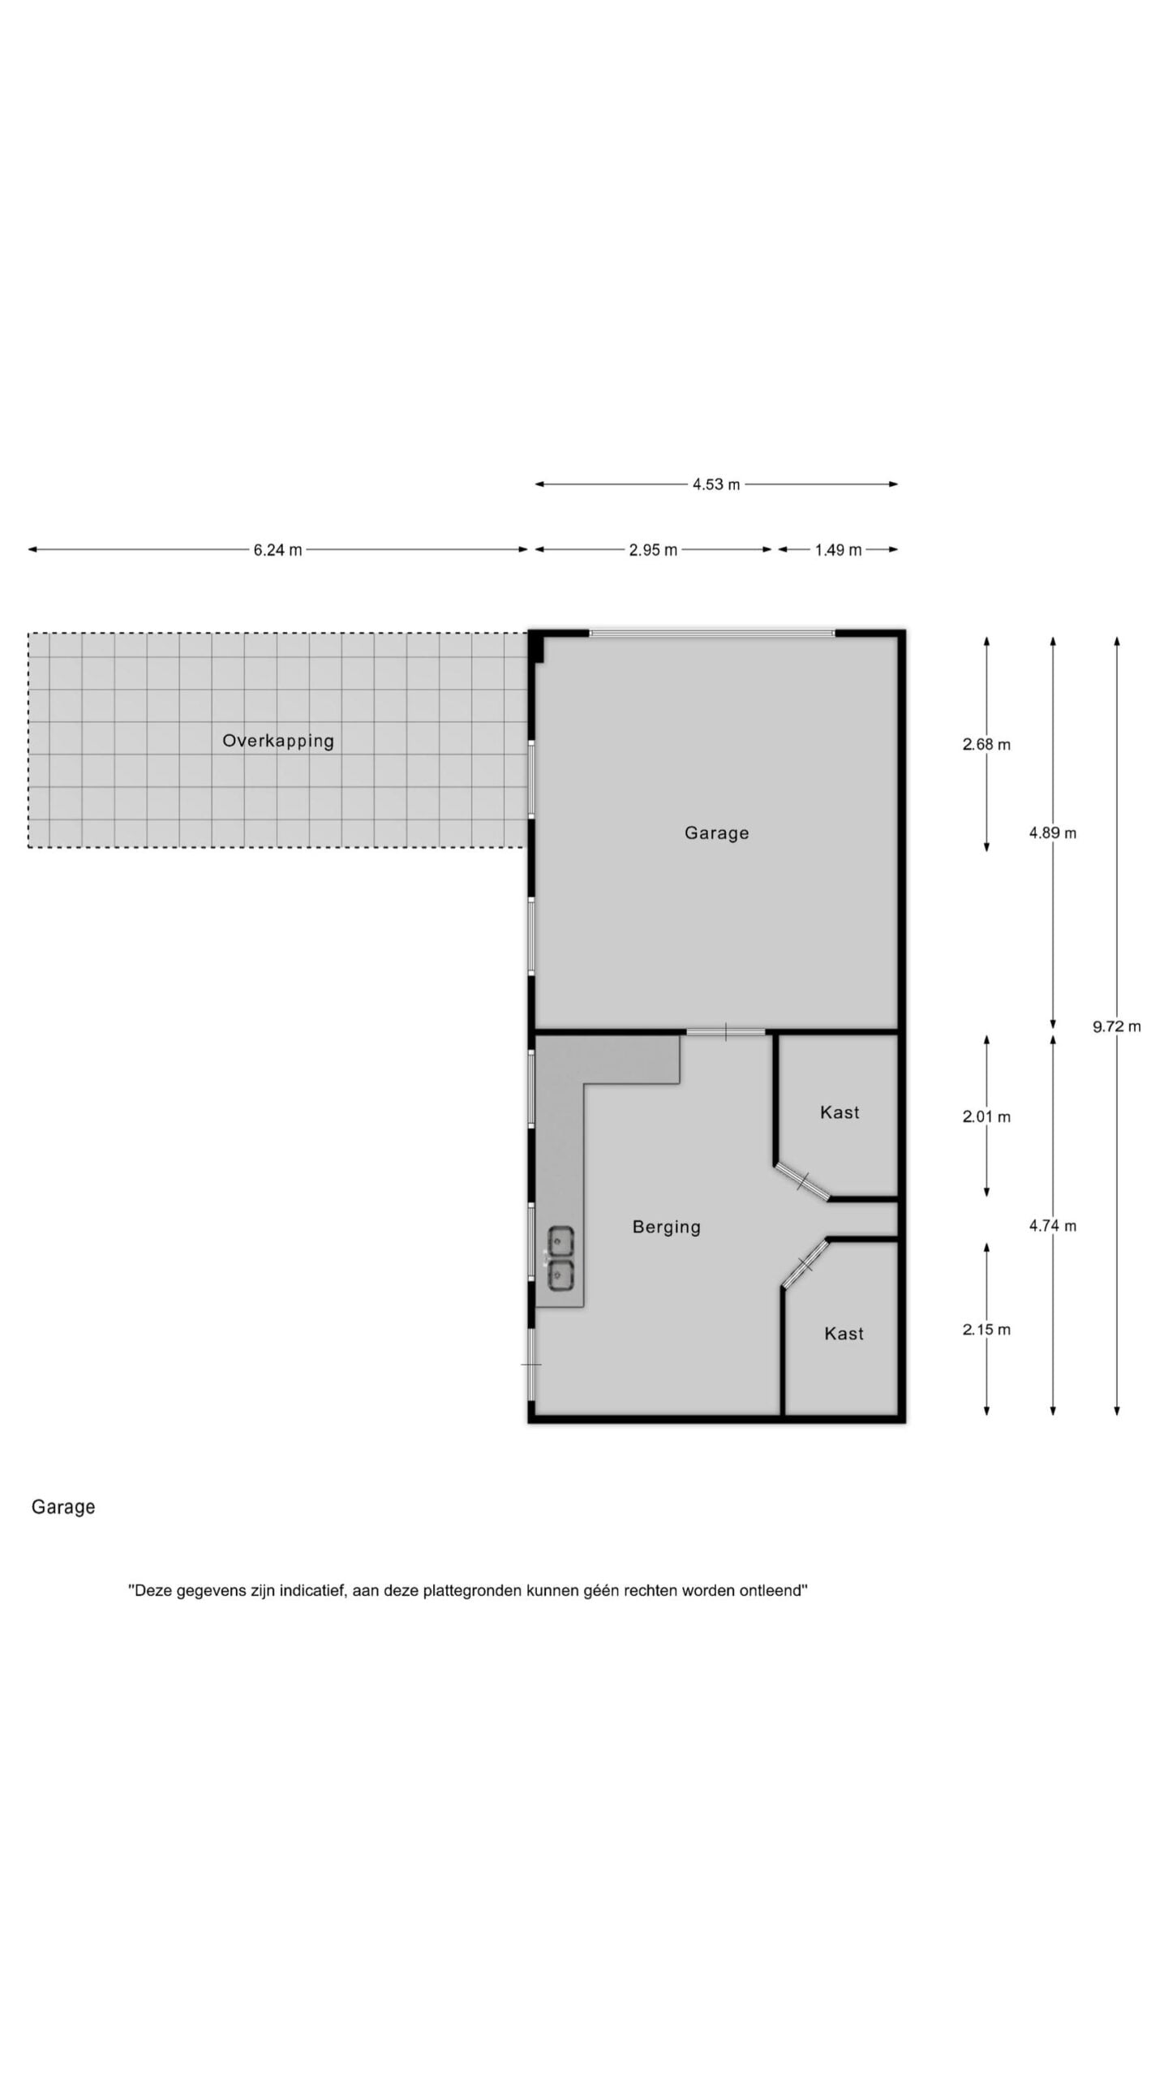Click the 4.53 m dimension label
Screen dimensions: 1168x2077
point(715,484)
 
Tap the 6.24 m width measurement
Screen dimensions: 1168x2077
point(277,550)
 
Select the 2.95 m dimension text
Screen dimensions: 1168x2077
point(653,550)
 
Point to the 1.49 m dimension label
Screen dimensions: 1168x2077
point(838,550)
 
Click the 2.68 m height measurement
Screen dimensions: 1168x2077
point(986,744)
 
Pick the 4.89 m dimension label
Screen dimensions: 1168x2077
point(1053,832)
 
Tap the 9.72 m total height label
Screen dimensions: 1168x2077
point(1116,1026)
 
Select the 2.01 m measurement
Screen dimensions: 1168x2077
point(986,1116)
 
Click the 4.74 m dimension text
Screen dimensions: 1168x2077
point(1053,1226)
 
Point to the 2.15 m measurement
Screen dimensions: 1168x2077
point(986,1329)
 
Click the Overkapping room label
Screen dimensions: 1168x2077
point(278,741)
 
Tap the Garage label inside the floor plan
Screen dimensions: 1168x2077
point(716,833)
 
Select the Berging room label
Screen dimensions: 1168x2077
point(667,1228)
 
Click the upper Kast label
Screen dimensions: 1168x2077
point(839,1112)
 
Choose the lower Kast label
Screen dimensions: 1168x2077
point(844,1334)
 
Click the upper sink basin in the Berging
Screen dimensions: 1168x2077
point(560,1241)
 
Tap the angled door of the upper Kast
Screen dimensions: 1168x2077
point(801,1181)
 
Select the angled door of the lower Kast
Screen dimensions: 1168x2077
point(805,1263)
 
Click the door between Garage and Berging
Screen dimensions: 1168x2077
point(725,1031)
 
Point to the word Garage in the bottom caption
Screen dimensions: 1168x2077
point(63,1507)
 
